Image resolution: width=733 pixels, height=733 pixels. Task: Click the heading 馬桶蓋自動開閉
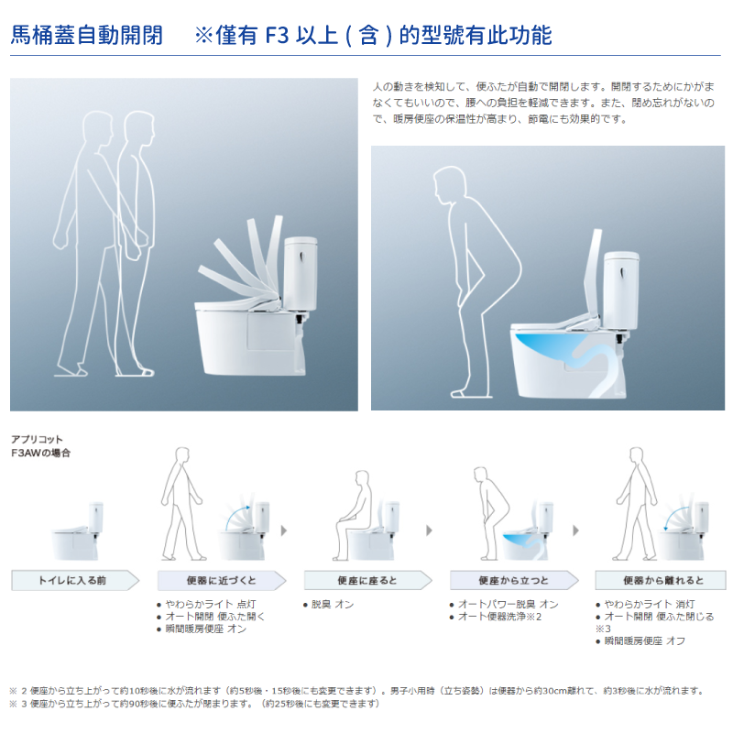point(86,36)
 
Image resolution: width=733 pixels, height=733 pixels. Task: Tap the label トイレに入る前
point(72,581)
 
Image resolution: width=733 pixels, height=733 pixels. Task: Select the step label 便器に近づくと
point(221,581)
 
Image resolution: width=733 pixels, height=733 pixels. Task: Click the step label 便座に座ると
point(367,581)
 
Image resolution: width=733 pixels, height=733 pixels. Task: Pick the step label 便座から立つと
point(513,581)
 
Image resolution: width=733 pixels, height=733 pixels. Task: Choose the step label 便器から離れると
point(662,581)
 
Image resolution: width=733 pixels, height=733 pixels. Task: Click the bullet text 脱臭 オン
point(332,605)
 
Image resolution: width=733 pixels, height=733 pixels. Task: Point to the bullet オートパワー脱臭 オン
point(508,605)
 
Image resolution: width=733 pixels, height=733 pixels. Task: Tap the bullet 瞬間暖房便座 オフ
point(645,640)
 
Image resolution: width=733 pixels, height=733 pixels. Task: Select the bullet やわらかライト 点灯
point(211,605)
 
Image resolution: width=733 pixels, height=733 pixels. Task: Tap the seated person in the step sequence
point(353,514)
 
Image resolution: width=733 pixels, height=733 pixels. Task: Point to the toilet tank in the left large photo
point(301,273)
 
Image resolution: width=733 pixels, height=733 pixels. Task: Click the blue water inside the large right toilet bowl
point(546,348)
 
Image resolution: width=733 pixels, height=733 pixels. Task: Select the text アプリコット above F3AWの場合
point(37,440)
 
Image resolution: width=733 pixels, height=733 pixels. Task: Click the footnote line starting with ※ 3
point(194,704)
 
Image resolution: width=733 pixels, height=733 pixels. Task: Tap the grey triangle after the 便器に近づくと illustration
point(284,531)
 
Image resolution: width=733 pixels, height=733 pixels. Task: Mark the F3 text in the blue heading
point(278,36)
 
